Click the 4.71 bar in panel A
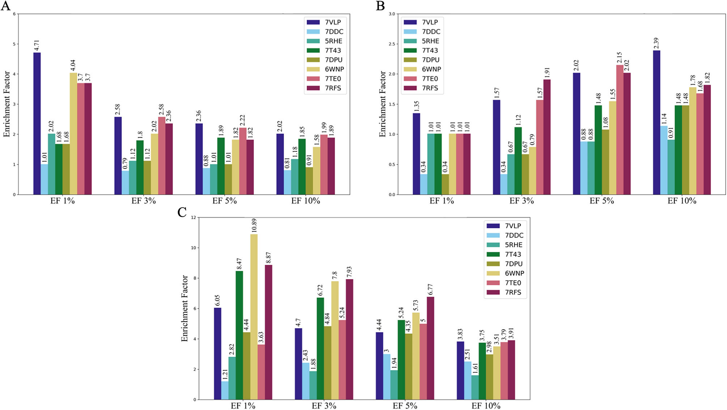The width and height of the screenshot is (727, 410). click(37, 123)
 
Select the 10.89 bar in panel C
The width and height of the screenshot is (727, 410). click(254, 316)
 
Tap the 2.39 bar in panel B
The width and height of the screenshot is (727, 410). click(656, 123)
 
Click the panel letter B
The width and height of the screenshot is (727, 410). click(380, 6)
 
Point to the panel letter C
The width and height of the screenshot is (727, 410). click(182, 212)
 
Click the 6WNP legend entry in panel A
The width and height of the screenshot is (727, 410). click(334, 69)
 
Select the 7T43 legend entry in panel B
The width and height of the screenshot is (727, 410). click(430, 51)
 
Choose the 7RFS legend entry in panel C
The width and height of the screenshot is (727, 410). click(513, 292)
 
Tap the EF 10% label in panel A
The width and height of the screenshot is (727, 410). click(306, 201)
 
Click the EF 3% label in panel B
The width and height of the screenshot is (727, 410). click(522, 201)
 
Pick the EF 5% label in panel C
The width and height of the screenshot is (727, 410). click(405, 406)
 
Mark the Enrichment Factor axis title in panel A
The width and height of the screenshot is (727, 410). click(7, 104)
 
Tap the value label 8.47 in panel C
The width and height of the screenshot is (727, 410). click(239, 264)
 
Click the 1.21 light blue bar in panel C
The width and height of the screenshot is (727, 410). click(225, 390)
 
